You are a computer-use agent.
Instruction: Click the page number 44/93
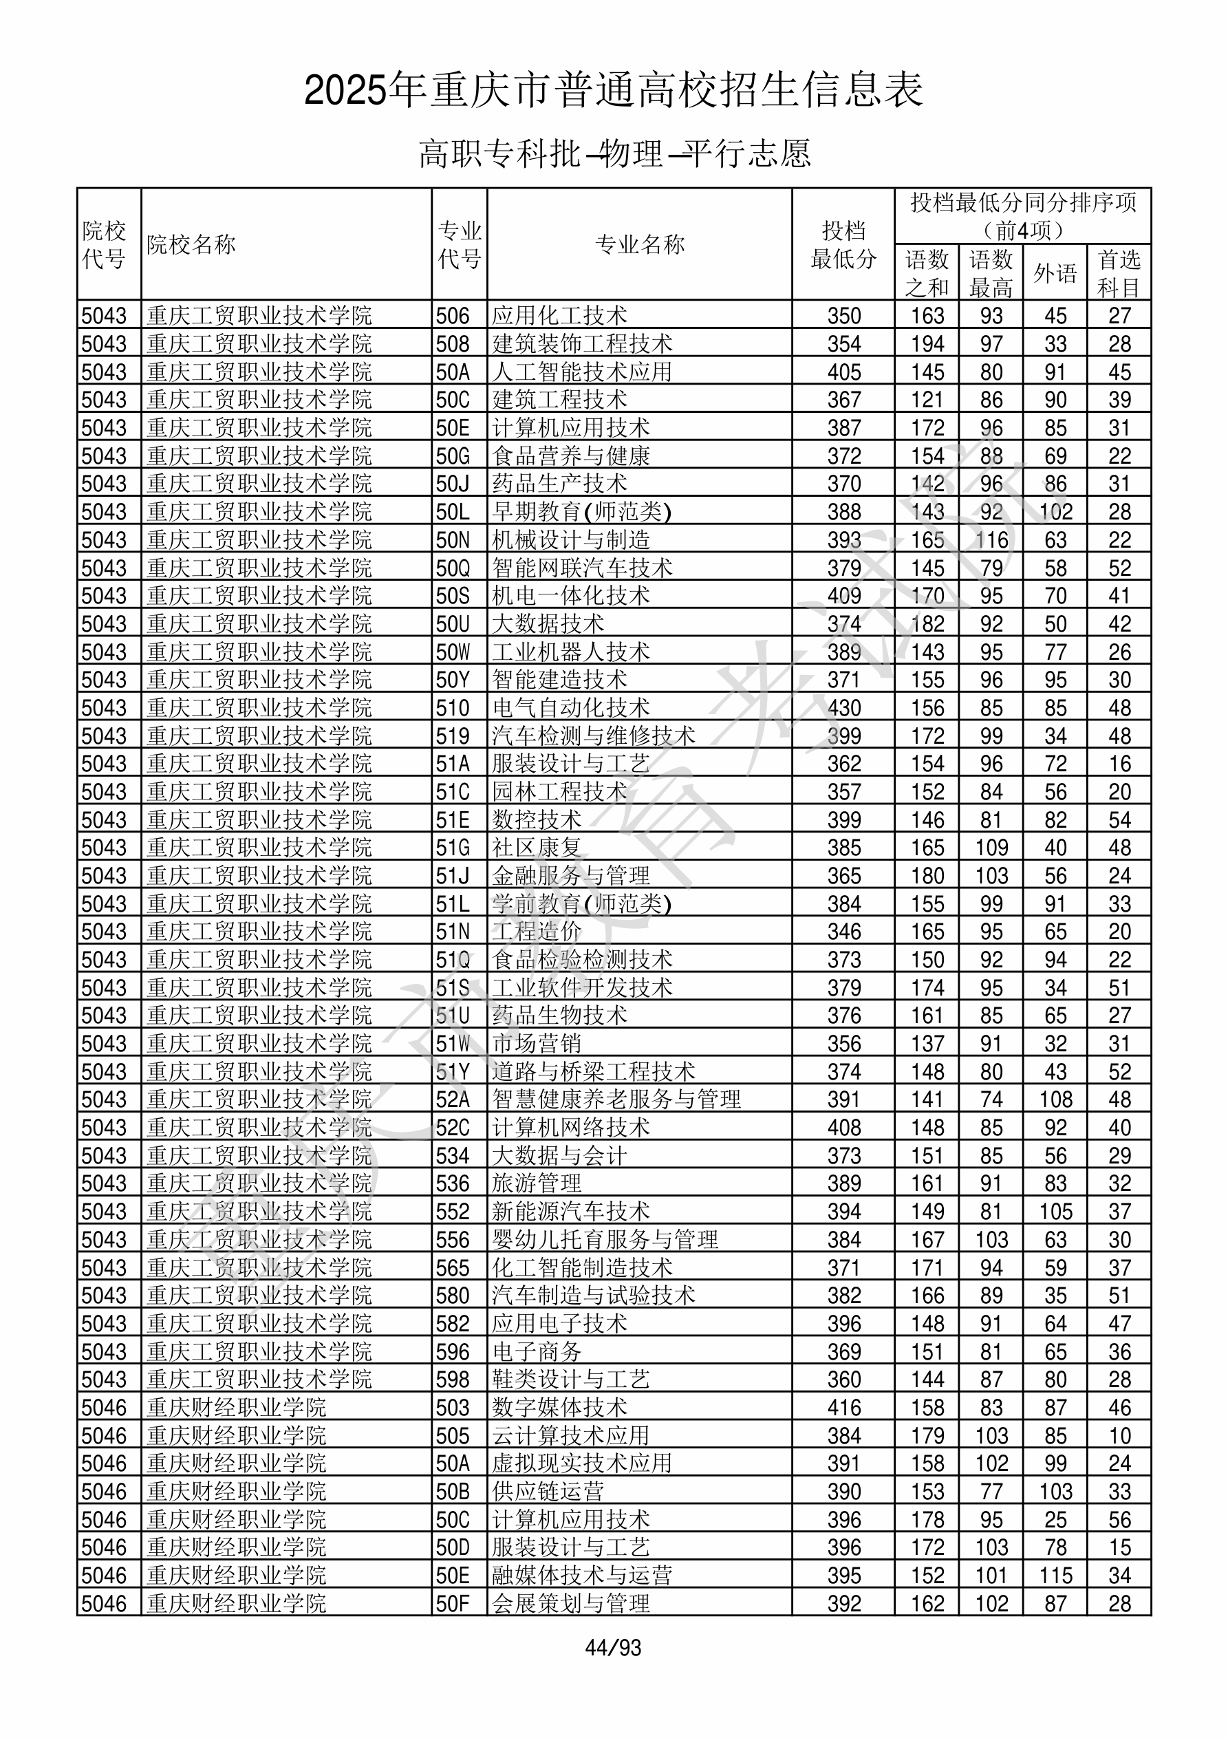pos(613,1647)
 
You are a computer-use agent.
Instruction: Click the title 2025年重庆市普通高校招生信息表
pos(613,90)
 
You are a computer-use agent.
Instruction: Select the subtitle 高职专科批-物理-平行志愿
pos(614,153)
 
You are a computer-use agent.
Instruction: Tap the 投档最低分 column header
pos(843,244)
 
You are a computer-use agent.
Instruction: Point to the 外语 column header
pos(1055,272)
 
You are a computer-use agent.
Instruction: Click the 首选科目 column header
pos(1119,272)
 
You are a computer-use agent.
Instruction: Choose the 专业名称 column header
pos(639,244)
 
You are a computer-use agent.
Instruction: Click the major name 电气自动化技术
pos(571,708)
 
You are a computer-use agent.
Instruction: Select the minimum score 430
pos(843,708)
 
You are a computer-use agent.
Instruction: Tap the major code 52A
pos(453,1099)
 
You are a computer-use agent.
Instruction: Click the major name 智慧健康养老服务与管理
pos(616,1099)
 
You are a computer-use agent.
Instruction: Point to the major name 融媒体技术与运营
pos(582,1575)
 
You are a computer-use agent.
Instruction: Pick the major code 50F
pos(453,1603)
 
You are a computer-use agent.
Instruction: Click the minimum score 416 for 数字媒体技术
pos(843,1407)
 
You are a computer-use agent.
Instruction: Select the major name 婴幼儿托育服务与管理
pos(605,1239)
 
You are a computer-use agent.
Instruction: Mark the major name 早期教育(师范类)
pos(581,512)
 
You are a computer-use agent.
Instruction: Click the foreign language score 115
pos(1055,1575)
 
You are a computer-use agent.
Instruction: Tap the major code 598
pos(453,1380)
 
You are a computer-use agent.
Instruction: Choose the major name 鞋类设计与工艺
pos(571,1380)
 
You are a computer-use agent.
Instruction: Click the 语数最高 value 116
pos(991,539)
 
